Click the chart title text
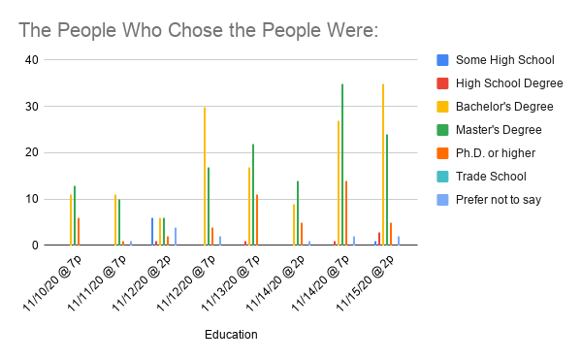[199, 30]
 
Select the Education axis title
[231, 335]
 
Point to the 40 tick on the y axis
[32, 60]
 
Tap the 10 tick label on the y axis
[32, 199]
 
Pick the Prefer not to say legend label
[499, 200]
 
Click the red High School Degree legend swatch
[442, 83]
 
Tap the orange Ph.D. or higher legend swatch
[442, 153]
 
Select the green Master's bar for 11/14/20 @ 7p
[342, 164]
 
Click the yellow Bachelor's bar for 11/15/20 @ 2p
[383, 164]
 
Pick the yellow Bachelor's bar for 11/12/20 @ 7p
[205, 176]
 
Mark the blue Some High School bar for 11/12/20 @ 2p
[152, 232]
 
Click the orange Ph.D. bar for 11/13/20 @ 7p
[257, 219]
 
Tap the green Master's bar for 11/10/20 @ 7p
[75, 215]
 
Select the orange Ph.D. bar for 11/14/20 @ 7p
[346, 213]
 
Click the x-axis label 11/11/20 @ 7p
[96, 282]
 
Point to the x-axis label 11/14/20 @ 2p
[275, 282]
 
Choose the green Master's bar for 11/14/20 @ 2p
[298, 213]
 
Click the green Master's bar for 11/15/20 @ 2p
[387, 189]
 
